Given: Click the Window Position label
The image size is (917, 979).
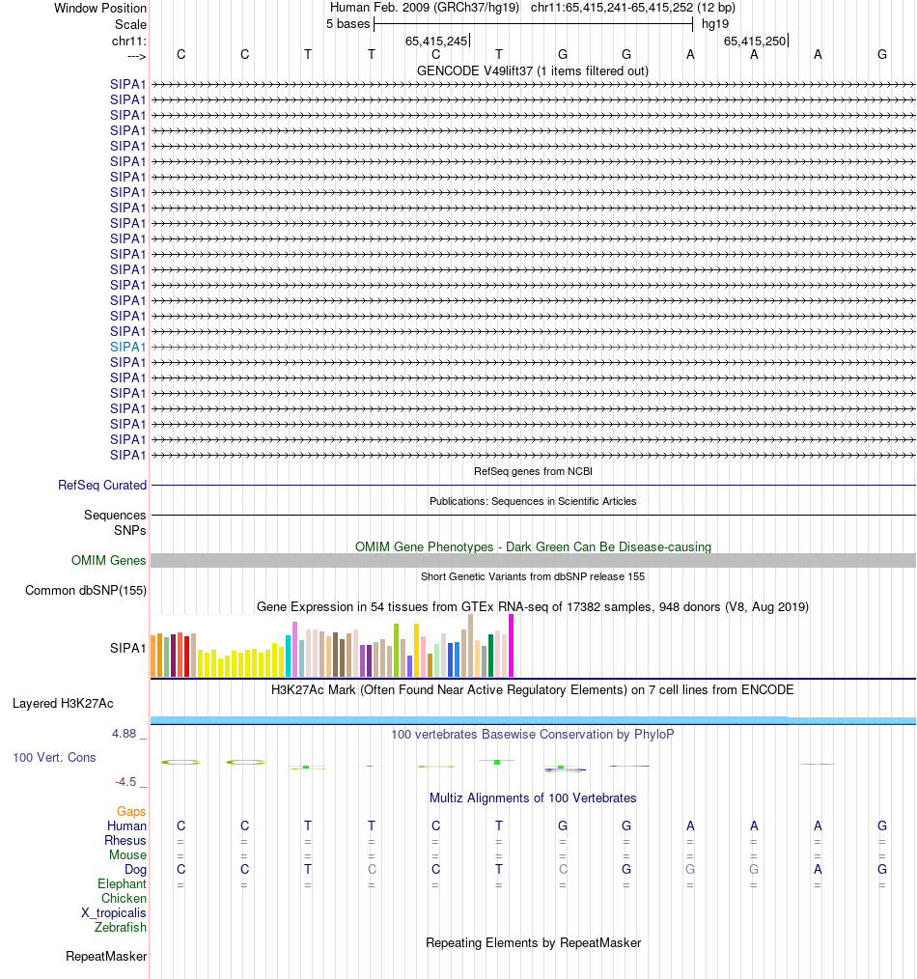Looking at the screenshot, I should (x=100, y=8).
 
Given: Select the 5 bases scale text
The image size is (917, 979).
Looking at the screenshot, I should (x=347, y=23).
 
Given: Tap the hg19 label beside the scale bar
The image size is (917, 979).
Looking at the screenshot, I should (x=715, y=23).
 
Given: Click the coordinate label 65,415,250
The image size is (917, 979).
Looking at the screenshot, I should (x=755, y=41).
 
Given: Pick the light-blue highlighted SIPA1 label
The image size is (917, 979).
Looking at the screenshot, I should (x=128, y=347).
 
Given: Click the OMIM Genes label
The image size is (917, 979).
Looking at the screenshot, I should (x=109, y=561).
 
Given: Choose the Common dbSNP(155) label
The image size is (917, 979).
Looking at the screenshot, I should (x=86, y=591).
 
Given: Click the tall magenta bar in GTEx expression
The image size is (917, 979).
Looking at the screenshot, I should (x=512, y=645).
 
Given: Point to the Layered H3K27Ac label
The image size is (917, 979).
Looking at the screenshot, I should (x=63, y=703).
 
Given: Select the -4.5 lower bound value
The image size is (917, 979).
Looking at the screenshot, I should (x=125, y=782).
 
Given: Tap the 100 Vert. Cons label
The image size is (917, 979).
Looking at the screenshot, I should (x=54, y=758).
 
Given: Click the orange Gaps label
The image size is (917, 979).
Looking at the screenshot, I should (x=131, y=812).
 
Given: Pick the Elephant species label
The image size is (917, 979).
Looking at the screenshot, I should (x=122, y=884).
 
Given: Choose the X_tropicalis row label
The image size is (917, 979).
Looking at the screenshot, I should (x=114, y=913).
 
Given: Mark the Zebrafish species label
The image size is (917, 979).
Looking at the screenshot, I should (x=121, y=928).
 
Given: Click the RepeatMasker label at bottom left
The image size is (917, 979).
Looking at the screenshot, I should (x=106, y=957).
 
